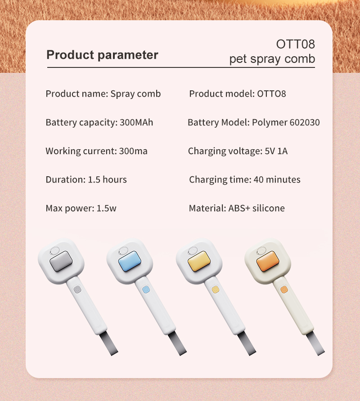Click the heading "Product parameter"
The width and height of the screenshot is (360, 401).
[x=102, y=55]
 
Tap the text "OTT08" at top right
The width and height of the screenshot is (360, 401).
[x=295, y=44]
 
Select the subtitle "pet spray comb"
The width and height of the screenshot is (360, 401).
[x=272, y=59]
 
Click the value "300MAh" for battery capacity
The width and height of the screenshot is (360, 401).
[x=136, y=122]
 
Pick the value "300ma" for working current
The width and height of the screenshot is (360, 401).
[x=133, y=151]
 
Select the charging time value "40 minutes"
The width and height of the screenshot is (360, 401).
[x=277, y=180]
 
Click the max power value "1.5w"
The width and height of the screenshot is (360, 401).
[x=107, y=209]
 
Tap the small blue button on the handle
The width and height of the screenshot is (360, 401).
[x=145, y=290]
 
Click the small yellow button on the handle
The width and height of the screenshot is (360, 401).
[x=215, y=290]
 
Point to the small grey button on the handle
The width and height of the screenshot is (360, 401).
[x=76, y=290]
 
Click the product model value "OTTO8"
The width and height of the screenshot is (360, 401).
[x=271, y=94]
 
